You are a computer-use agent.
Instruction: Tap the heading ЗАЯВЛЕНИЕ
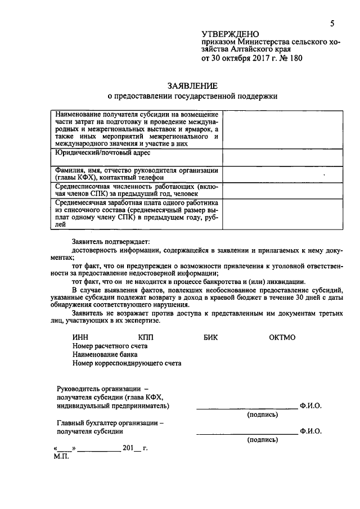[x=192, y=85]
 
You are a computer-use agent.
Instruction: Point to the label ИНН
[x=80, y=337]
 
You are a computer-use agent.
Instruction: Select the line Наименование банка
[x=105, y=354]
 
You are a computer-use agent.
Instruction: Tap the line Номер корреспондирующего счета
[x=127, y=363]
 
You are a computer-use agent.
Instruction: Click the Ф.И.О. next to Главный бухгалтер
[x=311, y=431]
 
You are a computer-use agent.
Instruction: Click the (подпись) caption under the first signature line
[x=263, y=415]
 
